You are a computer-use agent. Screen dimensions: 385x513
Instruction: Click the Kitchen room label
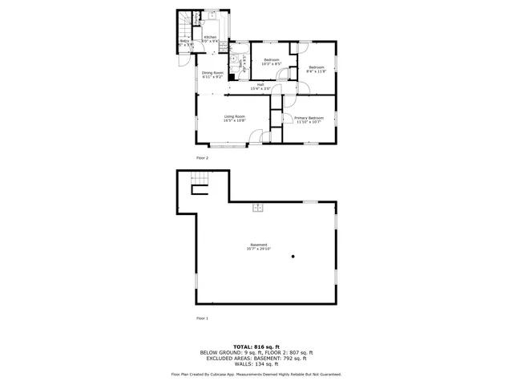(x=210, y=37)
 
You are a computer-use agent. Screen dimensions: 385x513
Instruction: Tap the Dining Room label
(x=212, y=73)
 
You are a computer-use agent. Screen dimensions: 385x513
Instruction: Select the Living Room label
(x=234, y=117)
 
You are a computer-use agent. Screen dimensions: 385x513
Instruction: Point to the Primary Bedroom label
(x=309, y=118)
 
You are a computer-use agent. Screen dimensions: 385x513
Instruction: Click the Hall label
(x=261, y=84)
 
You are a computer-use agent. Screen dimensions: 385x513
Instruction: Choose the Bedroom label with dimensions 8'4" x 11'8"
(x=317, y=67)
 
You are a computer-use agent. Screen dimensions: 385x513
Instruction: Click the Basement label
(x=258, y=245)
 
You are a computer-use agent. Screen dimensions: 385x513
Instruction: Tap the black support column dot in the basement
(x=293, y=257)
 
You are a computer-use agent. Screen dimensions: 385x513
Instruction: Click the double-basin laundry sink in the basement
(x=259, y=208)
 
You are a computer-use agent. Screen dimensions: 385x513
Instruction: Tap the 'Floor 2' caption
(x=202, y=158)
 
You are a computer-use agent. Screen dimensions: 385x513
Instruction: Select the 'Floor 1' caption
(x=202, y=318)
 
